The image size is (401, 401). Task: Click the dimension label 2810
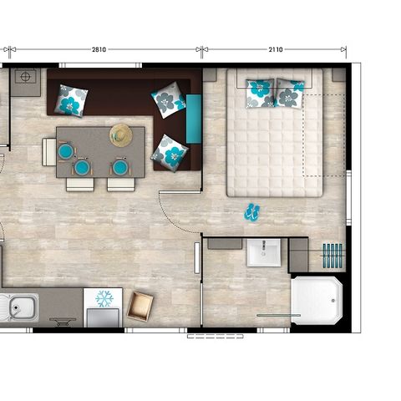pyautogui.click(x=99, y=49)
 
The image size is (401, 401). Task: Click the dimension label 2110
pyautogui.click(x=276, y=49)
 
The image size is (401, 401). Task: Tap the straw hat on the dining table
pyautogui.click(x=121, y=135)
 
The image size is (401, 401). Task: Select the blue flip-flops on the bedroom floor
pyautogui.click(x=252, y=212)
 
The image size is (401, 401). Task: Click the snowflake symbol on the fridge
pyautogui.click(x=104, y=299)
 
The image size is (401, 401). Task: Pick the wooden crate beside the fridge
pyautogui.click(x=140, y=307)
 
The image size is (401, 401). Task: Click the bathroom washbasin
pyautogui.click(x=264, y=252)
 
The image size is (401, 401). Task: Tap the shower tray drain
pyautogui.click(x=333, y=301)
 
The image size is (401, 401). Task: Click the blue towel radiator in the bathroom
pyautogui.click(x=332, y=256)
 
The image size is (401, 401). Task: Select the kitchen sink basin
pyautogui.click(x=23, y=307)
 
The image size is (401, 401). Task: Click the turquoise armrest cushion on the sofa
pyautogui.click(x=194, y=119)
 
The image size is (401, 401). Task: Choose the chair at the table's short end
pyautogui.click(x=49, y=152)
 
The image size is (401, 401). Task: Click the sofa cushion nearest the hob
pyautogui.click(x=71, y=101)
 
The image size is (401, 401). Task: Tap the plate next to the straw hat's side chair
pyautogui.click(x=120, y=167)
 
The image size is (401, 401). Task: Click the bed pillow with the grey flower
pyautogui.click(x=290, y=94)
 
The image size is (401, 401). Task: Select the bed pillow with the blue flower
pyautogui.click(x=260, y=94)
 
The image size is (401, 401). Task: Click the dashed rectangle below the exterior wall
pyautogui.click(x=216, y=337)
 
